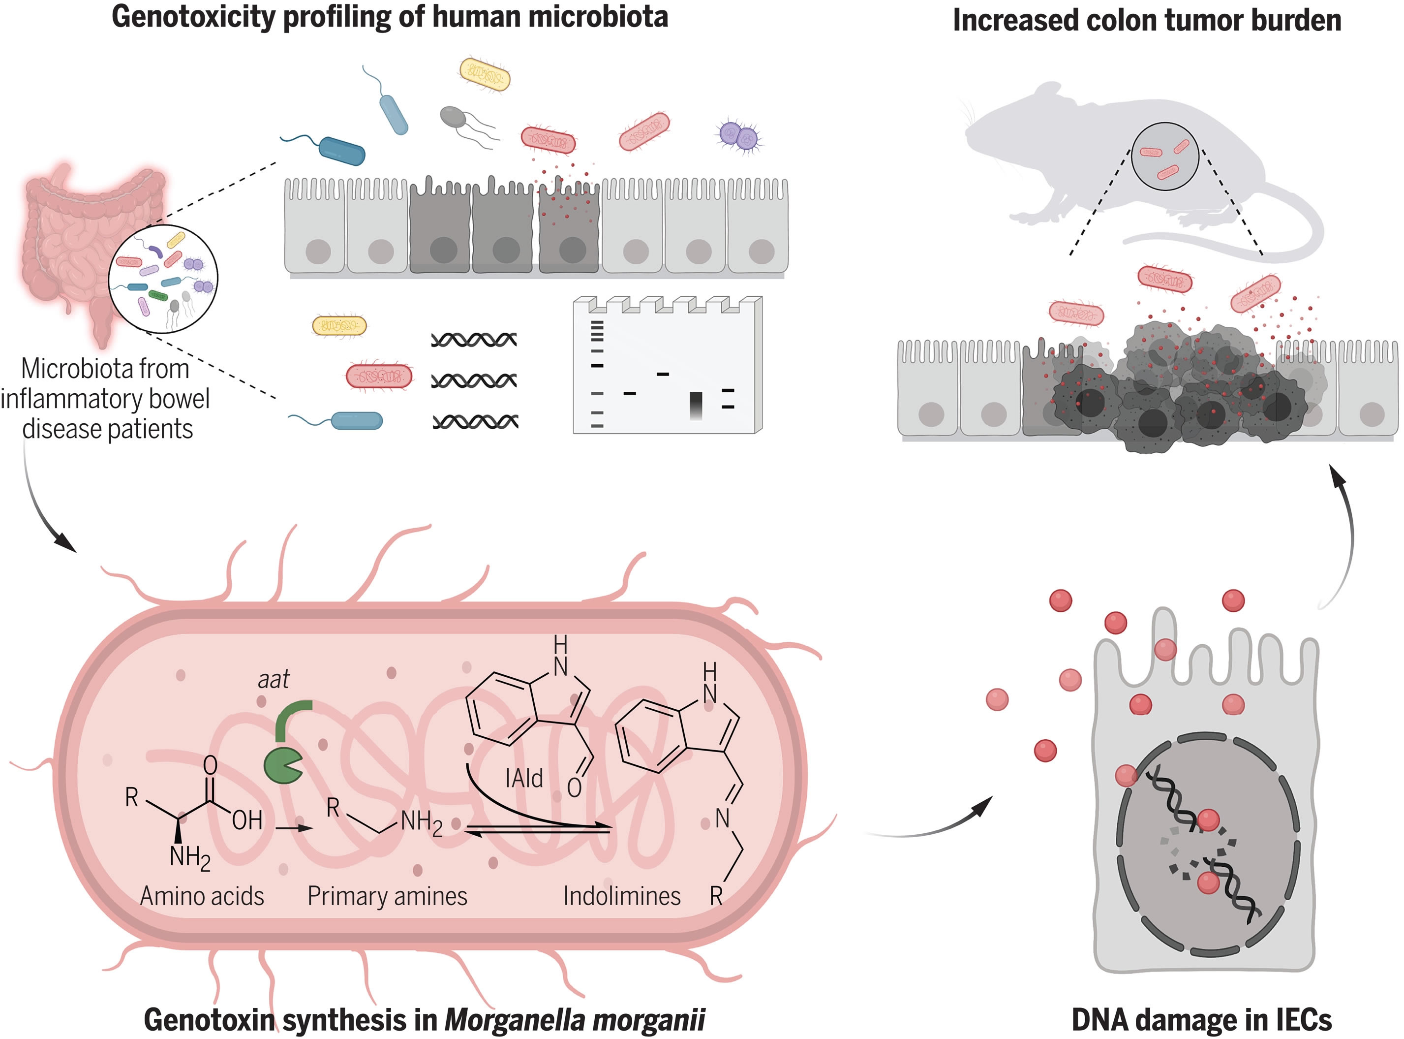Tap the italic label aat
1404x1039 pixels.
[x=274, y=680]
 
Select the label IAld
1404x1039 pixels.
[x=523, y=779]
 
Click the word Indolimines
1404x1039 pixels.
[x=621, y=896]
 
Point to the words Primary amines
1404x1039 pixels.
[x=387, y=896]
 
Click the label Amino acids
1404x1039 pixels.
[x=202, y=896]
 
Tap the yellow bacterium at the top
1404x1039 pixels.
[x=485, y=74]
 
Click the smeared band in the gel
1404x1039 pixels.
[x=696, y=406]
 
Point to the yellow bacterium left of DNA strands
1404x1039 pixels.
[x=339, y=325]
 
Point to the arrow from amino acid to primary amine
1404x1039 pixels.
[x=295, y=828]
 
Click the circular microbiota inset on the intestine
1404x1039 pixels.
[x=163, y=278]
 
